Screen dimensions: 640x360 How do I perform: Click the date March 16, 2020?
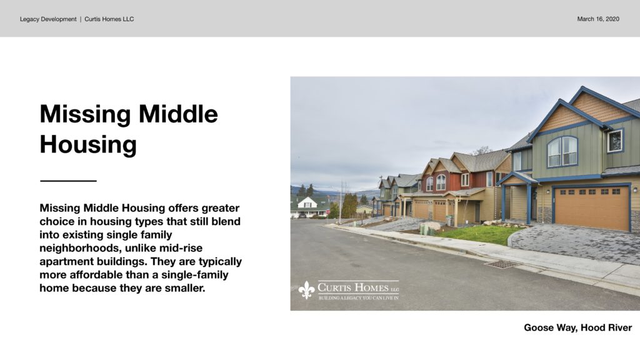pos(598,19)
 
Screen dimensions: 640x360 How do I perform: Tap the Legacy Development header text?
pos(48,19)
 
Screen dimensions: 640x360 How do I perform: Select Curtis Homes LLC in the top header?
pos(109,19)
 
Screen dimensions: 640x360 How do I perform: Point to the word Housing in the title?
pos(88,145)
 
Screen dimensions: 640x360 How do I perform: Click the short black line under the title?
pos(68,181)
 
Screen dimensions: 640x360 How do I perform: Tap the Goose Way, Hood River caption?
pos(577,327)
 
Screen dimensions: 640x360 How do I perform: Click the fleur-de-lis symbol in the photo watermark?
pos(306,290)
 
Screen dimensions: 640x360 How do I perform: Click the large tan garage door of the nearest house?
pos(592,207)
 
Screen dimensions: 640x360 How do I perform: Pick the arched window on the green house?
pos(562,151)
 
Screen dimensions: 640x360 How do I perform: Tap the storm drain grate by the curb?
pos(501,264)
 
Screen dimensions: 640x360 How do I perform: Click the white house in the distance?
pos(309,206)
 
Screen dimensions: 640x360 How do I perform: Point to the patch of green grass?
pos(478,234)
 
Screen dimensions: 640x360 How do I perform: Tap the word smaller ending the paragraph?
pos(185,288)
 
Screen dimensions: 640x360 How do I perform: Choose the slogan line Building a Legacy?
pos(358,298)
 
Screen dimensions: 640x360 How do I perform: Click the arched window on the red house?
pos(441,182)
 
